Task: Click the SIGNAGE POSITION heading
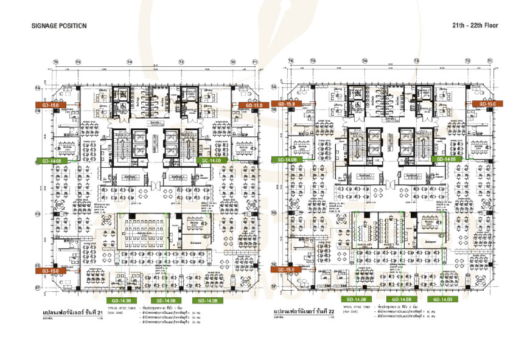[58, 26]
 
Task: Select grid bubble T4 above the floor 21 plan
[130, 61]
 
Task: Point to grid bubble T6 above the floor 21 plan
[55, 61]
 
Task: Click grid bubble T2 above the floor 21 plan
[232, 61]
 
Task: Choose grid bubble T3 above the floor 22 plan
[417, 61]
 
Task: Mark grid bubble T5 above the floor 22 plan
[313, 61]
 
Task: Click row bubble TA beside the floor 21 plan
[38, 89]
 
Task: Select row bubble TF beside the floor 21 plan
[38, 287]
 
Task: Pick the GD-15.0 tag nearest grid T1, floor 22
[483, 104]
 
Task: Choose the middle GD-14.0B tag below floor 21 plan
[166, 300]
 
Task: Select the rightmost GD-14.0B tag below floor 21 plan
[207, 300]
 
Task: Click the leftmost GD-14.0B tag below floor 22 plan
[356, 299]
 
